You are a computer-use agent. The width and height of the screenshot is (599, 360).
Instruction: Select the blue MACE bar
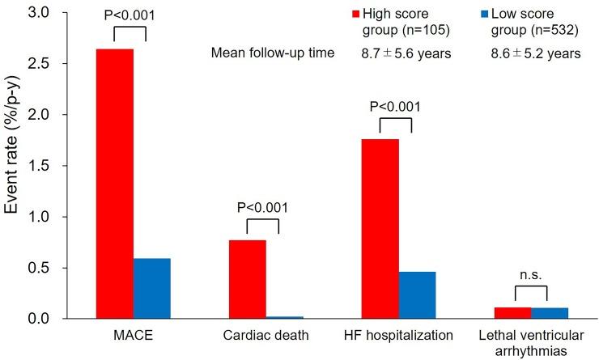pyautogui.click(x=152, y=288)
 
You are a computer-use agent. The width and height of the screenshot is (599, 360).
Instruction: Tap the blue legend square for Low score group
pyautogui.click(x=485, y=15)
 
